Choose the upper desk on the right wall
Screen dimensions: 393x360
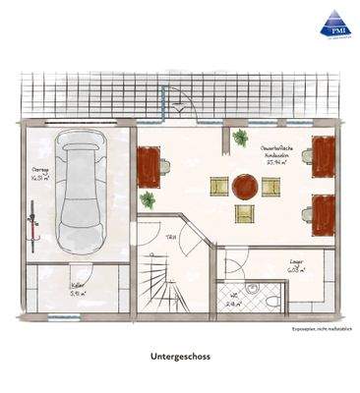click(x=323, y=155)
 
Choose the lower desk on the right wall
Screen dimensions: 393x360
click(x=323, y=211)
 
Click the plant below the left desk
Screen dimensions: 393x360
click(x=149, y=200)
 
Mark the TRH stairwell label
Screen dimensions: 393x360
click(x=170, y=236)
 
